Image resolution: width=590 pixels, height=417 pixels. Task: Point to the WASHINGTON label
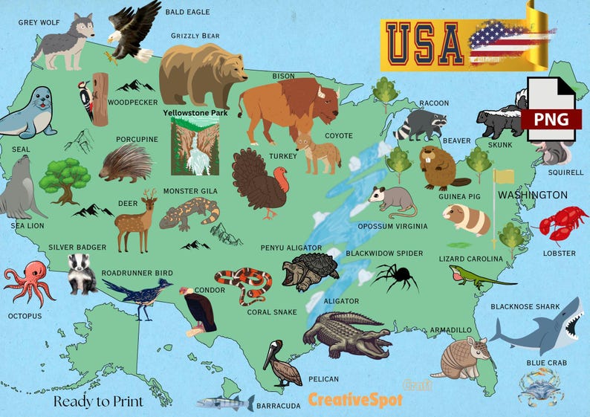coord(533,195)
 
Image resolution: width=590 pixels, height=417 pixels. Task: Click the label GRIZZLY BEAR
coord(195,36)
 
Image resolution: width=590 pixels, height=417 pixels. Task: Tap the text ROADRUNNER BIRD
coord(137,273)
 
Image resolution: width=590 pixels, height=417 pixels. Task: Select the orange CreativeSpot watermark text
coord(355,400)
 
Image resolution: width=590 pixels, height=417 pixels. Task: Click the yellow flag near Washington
coord(504,177)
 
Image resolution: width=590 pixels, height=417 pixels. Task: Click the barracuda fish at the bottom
coord(224,404)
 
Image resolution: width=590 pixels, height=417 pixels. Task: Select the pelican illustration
coord(282,363)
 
